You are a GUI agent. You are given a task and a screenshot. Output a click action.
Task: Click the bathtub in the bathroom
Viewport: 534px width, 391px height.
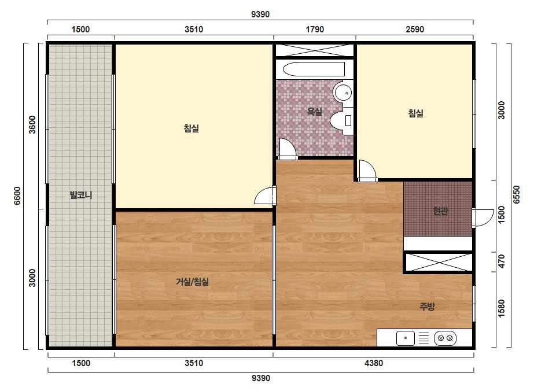314,69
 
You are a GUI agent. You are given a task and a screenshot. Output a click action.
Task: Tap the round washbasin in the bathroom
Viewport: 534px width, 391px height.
343,93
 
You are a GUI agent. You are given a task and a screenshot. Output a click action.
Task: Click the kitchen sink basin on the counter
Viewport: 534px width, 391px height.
405,338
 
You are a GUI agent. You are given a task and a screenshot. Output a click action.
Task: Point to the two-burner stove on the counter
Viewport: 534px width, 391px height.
445,338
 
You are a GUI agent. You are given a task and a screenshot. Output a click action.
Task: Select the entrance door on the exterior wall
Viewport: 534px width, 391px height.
483,218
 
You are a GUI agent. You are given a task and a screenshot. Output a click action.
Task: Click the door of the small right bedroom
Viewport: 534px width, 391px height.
368,170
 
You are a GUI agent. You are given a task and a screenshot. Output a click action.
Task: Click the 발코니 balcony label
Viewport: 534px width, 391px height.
81,195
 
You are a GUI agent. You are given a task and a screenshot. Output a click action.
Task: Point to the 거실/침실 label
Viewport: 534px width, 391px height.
193,282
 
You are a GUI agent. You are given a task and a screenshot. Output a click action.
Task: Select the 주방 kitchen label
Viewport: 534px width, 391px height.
427,306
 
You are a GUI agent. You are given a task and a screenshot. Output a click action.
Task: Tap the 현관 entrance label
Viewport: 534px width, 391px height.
440,211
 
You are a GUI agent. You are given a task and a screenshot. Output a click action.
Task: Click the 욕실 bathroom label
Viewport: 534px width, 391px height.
314,112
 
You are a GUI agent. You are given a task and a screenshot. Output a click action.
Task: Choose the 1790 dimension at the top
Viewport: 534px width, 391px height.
315,29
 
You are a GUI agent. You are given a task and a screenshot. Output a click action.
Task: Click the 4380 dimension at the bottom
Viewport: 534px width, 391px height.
374,363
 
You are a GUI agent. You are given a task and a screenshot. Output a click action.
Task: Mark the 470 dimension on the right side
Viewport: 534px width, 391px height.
501,261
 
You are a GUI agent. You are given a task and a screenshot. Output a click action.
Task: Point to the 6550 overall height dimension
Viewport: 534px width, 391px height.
516,195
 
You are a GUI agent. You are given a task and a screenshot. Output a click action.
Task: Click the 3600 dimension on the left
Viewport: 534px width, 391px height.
32,125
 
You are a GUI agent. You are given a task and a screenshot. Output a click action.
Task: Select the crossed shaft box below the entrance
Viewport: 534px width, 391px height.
438,262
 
